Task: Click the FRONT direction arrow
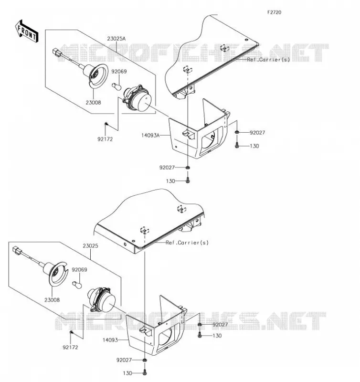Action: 27,32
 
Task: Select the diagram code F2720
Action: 274,12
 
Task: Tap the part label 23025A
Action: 116,39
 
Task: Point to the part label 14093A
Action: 150,135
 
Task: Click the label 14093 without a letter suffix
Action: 110,340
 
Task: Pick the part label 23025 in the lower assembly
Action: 90,245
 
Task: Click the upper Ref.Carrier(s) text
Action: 268,60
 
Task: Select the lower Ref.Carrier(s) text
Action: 187,243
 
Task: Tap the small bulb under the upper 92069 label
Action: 116,86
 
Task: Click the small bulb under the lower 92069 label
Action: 77,285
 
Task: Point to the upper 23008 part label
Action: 93,103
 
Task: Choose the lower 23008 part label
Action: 52,300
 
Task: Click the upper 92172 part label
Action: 105,139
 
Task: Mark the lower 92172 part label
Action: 70,348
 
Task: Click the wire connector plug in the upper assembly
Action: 57,53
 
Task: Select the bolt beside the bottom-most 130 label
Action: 145,372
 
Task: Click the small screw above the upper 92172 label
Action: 106,124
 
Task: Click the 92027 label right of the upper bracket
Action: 257,133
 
